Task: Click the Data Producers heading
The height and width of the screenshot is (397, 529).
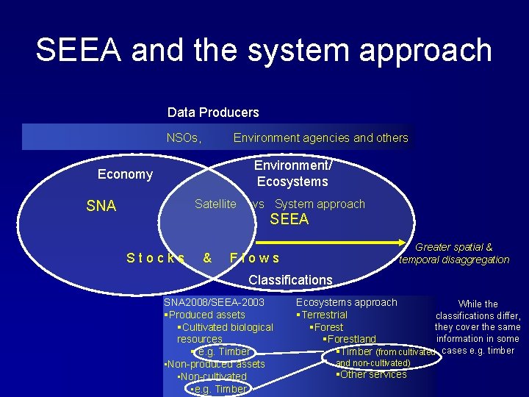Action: pos(213,112)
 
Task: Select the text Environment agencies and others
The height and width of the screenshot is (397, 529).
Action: pos(320,137)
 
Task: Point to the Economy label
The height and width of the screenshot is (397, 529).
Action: pos(126,174)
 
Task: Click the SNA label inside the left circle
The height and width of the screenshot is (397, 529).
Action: pos(101,207)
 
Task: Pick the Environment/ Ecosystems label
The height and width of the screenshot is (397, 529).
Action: pos(292,174)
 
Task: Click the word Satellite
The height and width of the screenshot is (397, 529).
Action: pos(215,204)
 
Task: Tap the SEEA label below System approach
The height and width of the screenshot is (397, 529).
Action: pos(289,219)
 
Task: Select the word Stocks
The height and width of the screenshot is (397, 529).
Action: pos(156,258)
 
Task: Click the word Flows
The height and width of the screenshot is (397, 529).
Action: pos(254,258)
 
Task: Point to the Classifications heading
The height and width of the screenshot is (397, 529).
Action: pos(290,279)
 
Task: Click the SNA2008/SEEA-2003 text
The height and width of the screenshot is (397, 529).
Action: pos(214,302)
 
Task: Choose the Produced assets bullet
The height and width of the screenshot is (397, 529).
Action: pos(206,315)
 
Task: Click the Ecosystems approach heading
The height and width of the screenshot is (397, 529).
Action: pos(346,302)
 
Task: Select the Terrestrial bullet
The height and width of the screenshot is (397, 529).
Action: pos(323,315)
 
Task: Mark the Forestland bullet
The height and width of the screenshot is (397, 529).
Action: pos(351,339)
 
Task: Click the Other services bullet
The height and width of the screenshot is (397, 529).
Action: pos(372,374)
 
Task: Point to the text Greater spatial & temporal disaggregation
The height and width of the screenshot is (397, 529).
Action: pos(454,253)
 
